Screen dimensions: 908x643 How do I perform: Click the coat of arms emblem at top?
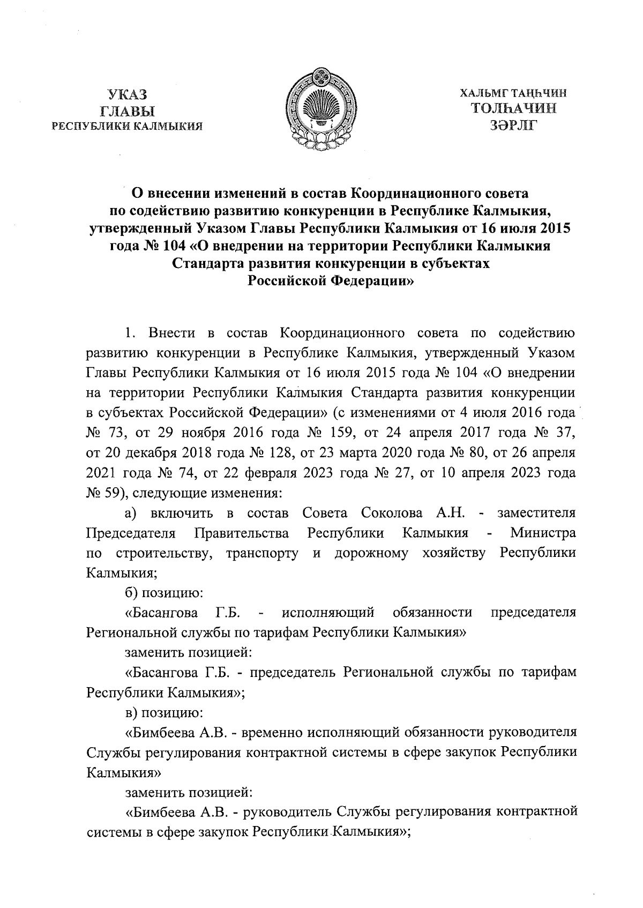[x=322, y=111]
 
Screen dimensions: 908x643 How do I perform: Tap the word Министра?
[x=543, y=533]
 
